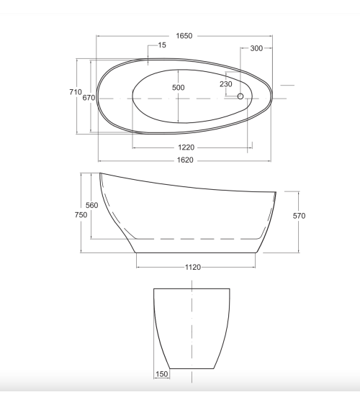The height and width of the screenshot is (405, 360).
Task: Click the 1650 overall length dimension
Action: pos(184,36)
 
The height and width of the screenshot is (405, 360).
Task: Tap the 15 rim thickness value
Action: pos(162,45)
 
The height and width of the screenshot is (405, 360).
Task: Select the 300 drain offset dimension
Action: pos(256,48)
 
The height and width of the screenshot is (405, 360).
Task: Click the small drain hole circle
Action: pos(240,96)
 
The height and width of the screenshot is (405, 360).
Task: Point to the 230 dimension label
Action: pos(226,84)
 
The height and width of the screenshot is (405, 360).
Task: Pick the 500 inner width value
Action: pos(179,88)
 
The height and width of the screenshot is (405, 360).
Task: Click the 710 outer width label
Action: pos(76,92)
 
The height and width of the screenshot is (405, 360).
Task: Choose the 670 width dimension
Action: pos(89,98)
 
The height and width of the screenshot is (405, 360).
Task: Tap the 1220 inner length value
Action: pos(186,147)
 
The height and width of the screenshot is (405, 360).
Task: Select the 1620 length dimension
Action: pos(185,160)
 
